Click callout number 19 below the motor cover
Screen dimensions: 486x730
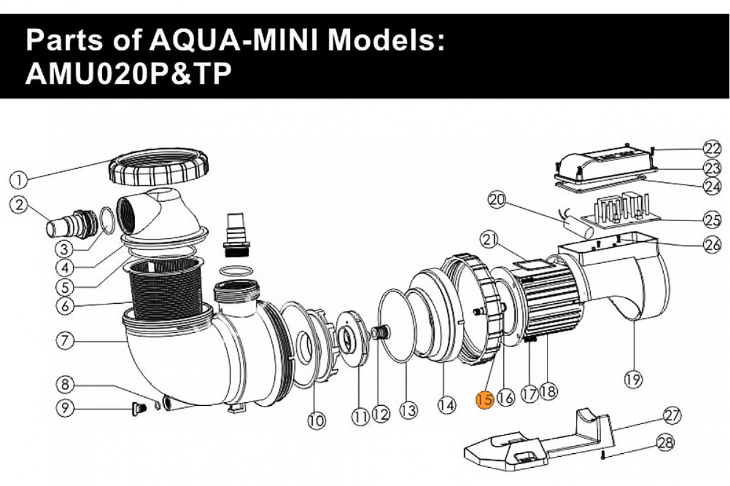click(633, 380)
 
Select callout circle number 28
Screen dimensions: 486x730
click(666, 443)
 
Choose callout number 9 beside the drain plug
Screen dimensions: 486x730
click(66, 408)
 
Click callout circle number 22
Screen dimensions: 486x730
click(712, 148)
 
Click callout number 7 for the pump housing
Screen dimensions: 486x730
click(66, 341)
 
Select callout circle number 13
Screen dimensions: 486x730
click(408, 411)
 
